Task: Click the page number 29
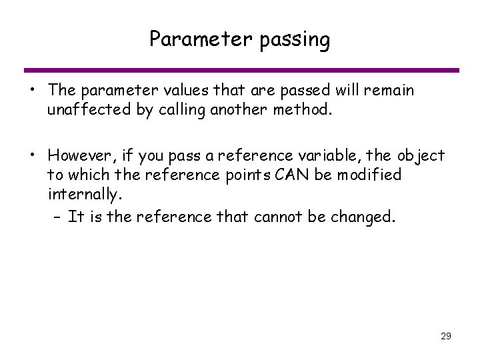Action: (445, 335)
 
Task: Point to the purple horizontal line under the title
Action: (240, 70)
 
